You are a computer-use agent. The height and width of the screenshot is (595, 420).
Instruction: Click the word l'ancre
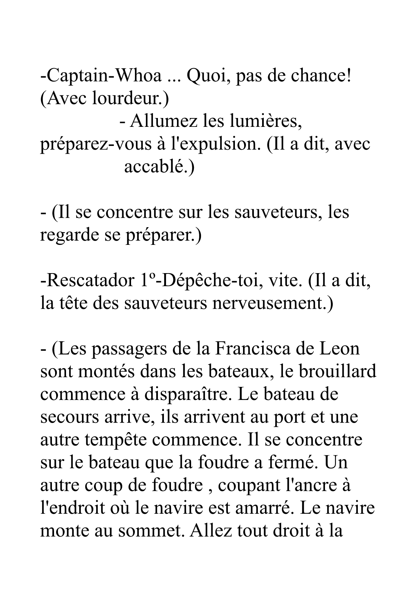[x=311, y=486]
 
